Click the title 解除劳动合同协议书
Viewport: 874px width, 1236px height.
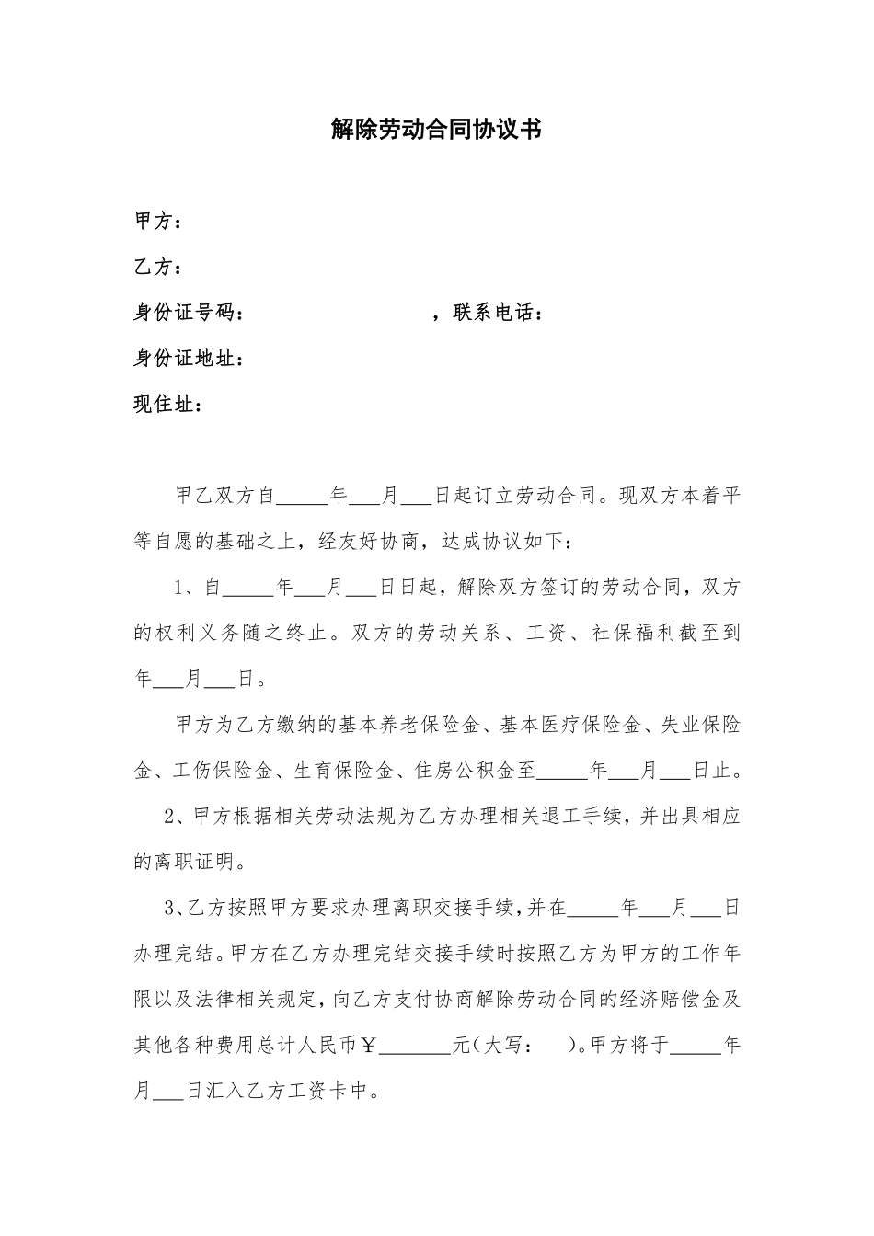pyautogui.click(x=436, y=130)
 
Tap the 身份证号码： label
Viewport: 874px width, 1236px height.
pyautogui.click(x=190, y=314)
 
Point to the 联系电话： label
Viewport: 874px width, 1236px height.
pyautogui.click(x=497, y=314)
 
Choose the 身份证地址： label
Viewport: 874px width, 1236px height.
pyautogui.click(x=190, y=359)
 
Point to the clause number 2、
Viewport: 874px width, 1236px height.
pyautogui.click(x=177, y=817)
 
